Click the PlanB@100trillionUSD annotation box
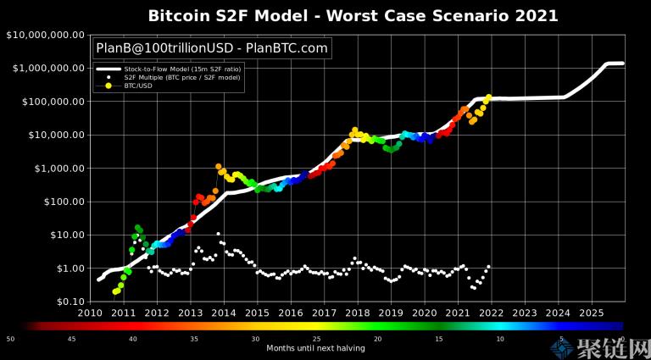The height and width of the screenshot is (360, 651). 212,48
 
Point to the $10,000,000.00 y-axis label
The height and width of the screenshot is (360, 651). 45,35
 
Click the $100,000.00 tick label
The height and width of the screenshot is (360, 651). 49,102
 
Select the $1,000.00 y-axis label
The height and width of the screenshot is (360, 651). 53,169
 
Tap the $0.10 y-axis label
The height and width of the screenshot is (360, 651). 64,302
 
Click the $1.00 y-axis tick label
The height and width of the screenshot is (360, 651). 64,269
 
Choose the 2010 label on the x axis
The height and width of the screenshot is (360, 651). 91,313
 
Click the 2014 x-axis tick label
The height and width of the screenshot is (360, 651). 224,313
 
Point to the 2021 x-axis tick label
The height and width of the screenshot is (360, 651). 458,313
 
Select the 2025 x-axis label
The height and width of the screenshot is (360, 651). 591,313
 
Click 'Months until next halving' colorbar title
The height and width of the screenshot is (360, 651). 315,348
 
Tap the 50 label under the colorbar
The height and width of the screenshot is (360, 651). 10,339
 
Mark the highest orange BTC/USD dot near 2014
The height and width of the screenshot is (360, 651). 219,167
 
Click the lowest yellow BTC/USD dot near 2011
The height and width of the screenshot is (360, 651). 114,291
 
